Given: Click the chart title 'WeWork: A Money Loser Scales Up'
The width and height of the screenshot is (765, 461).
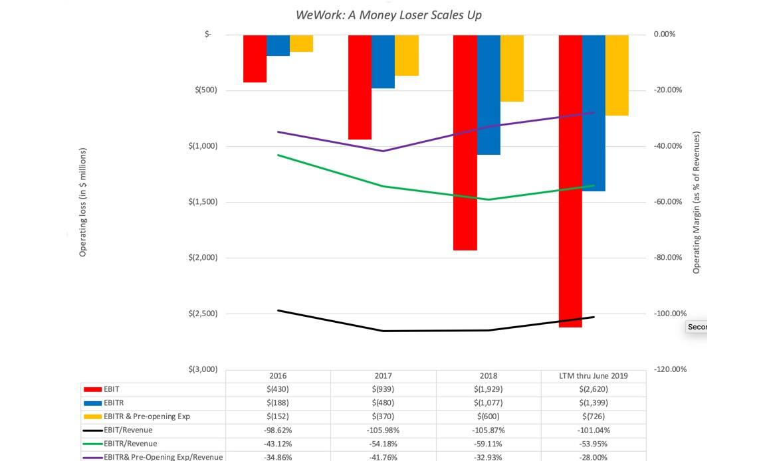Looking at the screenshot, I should (389, 15).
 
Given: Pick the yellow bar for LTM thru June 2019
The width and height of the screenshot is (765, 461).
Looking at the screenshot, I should (617, 75).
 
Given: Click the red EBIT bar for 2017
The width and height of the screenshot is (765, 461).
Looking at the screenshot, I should (360, 87).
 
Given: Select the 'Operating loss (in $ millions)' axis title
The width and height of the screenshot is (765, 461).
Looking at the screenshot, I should (83, 202).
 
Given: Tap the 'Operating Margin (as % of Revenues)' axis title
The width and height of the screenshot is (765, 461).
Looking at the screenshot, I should (697, 202).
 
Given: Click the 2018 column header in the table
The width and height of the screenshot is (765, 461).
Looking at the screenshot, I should (488, 375).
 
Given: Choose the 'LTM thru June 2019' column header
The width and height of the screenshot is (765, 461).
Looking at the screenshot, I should (593, 375).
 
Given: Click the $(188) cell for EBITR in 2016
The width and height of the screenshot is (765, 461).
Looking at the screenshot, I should (278, 403).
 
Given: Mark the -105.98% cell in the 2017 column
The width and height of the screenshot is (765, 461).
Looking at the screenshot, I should (383, 430).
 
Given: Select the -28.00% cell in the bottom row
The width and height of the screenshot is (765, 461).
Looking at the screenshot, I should (593, 457).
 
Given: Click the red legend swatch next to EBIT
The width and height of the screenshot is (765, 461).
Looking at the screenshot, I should (92, 389).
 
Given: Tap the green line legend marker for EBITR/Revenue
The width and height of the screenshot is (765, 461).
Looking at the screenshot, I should (92, 444).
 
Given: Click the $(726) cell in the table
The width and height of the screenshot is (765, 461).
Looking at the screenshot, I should (593, 416).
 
